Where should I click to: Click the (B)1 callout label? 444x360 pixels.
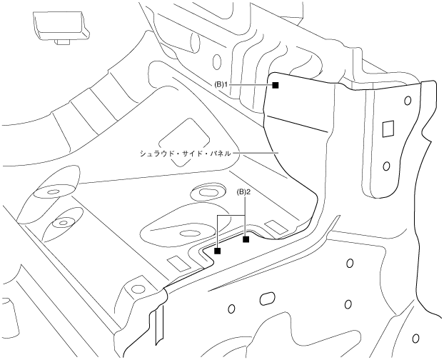pyautogui.click(x=221, y=85)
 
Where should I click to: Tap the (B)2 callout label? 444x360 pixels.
pyautogui.click(x=243, y=192)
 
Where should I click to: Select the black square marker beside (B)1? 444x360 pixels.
pyautogui.click(x=275, y=85)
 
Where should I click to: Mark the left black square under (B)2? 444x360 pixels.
pyautogui.click(x=218, y=251)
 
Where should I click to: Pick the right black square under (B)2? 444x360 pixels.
pyautogui.click(x=246, y=239)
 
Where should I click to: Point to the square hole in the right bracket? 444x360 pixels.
pyautogui.click(x=388, y=129)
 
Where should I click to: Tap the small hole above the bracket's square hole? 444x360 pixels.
pyautogui.click(x=407, y=101)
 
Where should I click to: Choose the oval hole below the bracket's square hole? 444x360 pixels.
pyautogui.click(x=386, y=167)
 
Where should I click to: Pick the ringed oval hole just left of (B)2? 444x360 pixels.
pyautogui.click(x=206, y=193)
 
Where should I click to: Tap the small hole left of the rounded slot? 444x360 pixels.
pyautogui.click(x=231, y=309)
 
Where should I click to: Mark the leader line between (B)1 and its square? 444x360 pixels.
pyautogui.click(x=250, y=85)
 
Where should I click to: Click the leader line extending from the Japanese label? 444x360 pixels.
pyautogui.click(x=258, y=152)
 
